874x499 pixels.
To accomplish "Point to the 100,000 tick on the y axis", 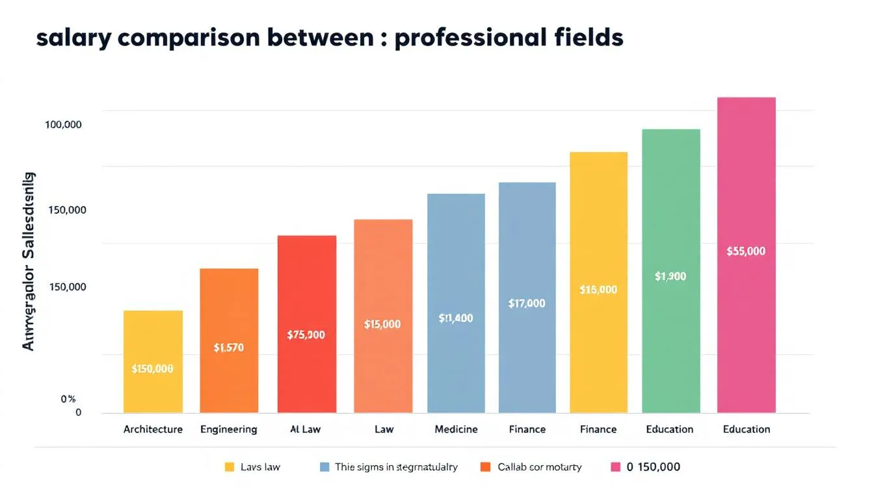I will coord(63,125).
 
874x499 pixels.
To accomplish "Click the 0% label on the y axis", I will coord(68,399).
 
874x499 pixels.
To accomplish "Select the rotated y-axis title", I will coord(29,261).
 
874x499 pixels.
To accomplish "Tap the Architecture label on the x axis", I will coord(153,429).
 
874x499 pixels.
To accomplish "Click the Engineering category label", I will coord(228,429).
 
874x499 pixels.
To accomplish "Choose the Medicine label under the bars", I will coord(456,429).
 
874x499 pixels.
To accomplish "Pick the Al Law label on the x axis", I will coord(306,429).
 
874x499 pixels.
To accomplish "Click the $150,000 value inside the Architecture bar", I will coord(152,369).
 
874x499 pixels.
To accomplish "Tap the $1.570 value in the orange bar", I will coord(228,348).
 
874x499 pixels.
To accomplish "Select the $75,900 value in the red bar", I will coord(306,335).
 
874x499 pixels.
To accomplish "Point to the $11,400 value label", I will coord(456,318).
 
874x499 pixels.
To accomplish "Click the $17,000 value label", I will coord(527,303).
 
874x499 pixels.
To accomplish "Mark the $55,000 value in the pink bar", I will coord(746,251).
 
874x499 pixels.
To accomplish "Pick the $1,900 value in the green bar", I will coord(670,276).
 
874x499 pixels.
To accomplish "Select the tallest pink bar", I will coord(746,162).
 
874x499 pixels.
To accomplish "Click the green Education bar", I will coord(670,195).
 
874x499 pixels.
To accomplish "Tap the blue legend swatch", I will coord(324,467).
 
